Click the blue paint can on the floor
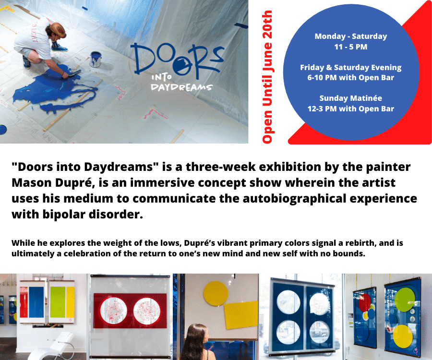96,59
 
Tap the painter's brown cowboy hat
57,30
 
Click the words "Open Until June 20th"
267,77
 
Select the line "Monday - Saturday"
351,36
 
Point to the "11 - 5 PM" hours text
351,47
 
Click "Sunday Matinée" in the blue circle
351,98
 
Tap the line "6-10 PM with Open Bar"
351,78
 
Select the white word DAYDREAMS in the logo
181,87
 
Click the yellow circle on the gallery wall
216,293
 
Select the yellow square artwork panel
241,315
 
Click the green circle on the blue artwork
405,300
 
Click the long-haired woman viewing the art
196,342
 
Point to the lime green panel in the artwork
57,302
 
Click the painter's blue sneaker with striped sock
59,48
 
